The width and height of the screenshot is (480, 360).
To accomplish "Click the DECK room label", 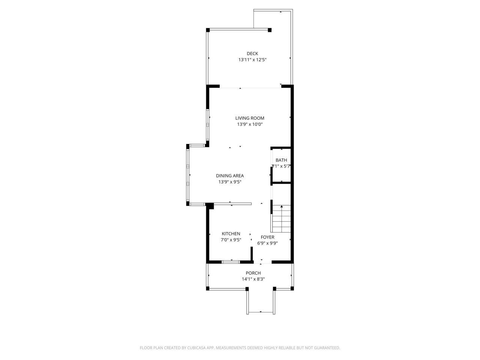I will pos(252,54).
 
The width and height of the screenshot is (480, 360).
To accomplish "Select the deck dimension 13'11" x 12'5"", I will pos(252,60).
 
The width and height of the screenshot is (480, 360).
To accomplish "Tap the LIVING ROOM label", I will pos(250,118).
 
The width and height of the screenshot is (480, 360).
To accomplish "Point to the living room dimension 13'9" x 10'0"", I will pos(250,124).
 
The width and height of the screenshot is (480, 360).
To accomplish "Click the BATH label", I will pos(281,160).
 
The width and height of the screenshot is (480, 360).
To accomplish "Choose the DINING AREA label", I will pos(230,175).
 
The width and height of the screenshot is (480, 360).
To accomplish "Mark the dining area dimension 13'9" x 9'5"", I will pos(230,182).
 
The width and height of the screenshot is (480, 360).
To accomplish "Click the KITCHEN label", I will pos(231,234).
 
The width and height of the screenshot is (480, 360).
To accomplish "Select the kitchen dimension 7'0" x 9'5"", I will pos(231,240).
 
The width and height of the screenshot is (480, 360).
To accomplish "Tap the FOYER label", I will pos(267,237).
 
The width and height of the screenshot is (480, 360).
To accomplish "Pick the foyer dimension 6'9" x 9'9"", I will pos(267,243).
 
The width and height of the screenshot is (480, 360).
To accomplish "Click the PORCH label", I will pos(253,273).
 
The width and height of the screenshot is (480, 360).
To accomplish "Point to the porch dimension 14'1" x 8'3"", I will pos(253,279).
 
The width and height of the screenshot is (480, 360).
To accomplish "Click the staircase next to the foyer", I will pos(281,219).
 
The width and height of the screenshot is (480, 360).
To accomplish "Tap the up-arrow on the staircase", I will pos(281,207).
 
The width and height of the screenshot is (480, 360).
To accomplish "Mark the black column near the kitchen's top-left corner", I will pos(210,205).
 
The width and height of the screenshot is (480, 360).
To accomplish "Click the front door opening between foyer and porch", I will pos(261,261).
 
